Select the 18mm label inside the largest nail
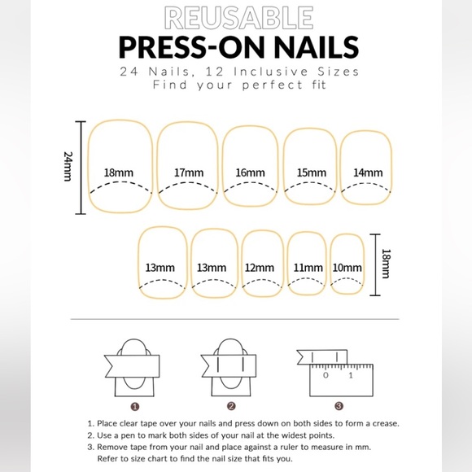[x=119, y=173]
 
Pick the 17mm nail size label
[x=188, y=173]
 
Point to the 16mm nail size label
[x=251, y=173]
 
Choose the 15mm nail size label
[x=311, y=173]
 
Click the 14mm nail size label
[x=368, y=173]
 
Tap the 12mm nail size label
[x=259, y=268]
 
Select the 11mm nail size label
[x=308, y=268]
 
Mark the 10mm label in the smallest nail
[x=347, y=268]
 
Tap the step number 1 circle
[x=135, y=405]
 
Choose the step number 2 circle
[x=231, y=405]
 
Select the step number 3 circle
[x=339, y=405]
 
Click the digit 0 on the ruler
[x=326, y=376]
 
